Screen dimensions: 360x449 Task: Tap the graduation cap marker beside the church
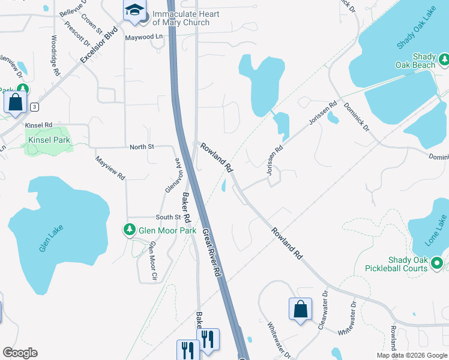click(x=134, y=11)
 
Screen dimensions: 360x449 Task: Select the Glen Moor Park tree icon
click(x=129, y=230)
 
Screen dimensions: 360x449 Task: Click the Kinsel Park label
click(x=49, y=140)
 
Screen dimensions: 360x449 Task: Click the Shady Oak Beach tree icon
click(x=444, y=59)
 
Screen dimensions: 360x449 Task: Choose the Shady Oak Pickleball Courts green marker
click(x=437, y=263)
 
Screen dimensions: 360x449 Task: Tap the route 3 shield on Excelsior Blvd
click(x=35, y=107)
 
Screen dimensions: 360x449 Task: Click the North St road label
click(x=142, y=147)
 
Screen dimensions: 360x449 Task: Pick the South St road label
click(x=168, y=217)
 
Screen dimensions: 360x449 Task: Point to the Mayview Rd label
click(x=110, y=168)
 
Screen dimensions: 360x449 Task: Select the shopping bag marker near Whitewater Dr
click(x=300, y=310)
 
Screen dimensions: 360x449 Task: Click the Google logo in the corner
click(x=20, y=353)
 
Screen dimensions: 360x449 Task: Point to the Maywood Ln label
click(x=144, y=37)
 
